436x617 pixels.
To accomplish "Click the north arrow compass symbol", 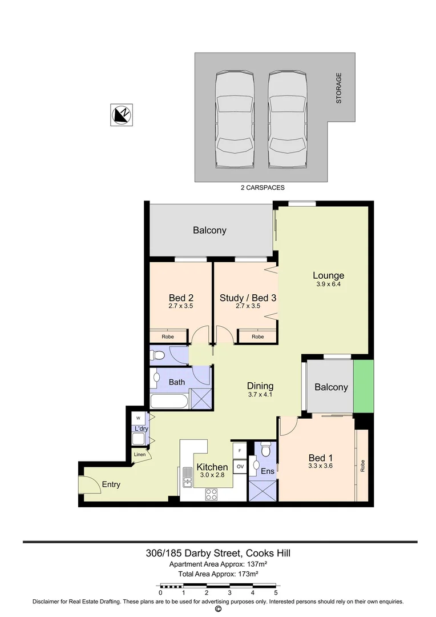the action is coord(122,115).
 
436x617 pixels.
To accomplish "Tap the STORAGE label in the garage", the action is coord(338,88).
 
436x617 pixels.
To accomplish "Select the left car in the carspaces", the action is coord(235,119).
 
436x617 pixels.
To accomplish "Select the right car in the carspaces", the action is coord(288,119).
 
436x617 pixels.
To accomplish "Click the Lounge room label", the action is coord(328,275).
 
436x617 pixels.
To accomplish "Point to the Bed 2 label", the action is coord(181,298).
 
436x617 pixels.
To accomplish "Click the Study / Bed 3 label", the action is coord(248,298).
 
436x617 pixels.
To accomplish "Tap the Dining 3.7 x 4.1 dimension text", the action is coord(260,394).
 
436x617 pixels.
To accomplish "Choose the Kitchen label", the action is coord(212,467).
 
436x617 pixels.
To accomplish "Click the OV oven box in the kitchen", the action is coord(240,466).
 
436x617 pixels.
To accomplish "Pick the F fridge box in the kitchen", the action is coord(240,451).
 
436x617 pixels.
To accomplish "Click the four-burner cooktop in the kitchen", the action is coord(212,494).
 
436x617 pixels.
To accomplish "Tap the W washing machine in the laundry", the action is coord(138,418).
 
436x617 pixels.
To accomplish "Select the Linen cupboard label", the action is coord(140,455).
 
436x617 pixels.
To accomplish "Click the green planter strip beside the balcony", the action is coord(363,386).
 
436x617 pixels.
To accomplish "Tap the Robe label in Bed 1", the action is coord(362,466).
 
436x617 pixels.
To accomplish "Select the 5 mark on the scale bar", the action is coord(276,592).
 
